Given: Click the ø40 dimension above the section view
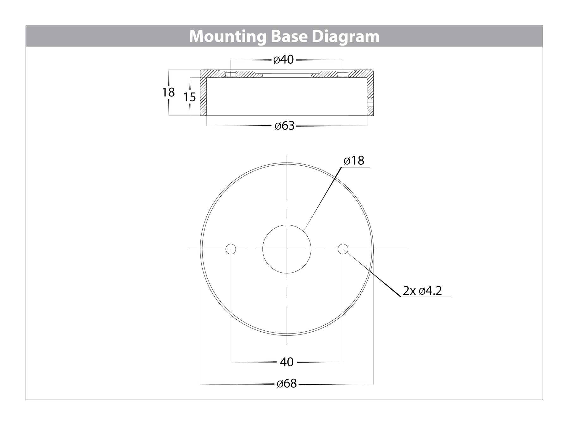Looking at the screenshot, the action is (284, 59).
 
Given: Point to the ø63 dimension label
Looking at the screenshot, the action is (284, 126).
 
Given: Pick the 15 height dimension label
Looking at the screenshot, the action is (190, 97).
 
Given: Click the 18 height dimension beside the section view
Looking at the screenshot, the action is (168, 92).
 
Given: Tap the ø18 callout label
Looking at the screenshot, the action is (354, 161).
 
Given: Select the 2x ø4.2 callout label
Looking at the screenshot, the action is (422, 291).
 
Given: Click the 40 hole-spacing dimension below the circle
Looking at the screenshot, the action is (287, 362).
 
